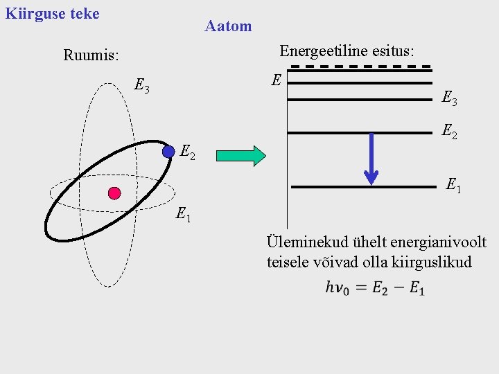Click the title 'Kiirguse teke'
point(52,13)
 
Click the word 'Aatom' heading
point(228,26)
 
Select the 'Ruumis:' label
point(91,54)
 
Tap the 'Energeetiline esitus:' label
point(347,51)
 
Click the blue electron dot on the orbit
point(168,152)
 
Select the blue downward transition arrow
point(371,159)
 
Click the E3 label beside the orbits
point(142,87)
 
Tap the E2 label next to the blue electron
point(189,152)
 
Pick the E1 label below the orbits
point(184,215)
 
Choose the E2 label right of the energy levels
point(450,131)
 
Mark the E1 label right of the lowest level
point(454,185)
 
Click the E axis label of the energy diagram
point(276,80)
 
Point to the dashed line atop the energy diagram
point(360,66)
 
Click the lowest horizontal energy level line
point(364,187)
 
